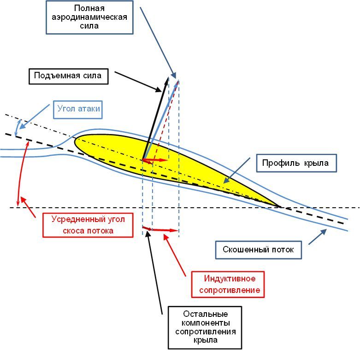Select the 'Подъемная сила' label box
coord(68,76)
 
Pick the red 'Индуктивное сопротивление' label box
coord(229,284)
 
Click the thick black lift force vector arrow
coord(156,120)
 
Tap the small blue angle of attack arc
coord(18,127)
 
